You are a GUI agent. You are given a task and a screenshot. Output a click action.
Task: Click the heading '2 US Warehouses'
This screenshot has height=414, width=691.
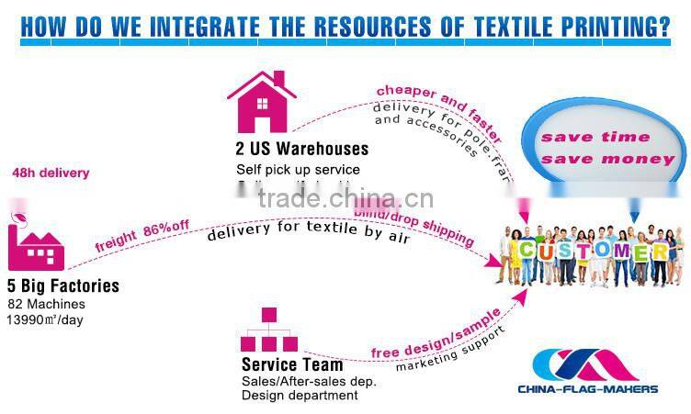pos(301,149)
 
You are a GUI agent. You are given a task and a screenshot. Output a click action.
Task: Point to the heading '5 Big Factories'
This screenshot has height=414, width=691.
pos(63,285)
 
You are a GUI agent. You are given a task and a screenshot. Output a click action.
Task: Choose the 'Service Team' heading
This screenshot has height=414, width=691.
pos(291,364)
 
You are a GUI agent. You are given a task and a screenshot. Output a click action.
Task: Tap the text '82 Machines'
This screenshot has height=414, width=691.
pos(46,303)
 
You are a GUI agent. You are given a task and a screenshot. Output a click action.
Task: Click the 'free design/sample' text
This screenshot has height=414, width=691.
pos(436,332)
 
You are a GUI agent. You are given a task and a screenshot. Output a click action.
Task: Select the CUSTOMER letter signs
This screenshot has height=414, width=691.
pos(591,251)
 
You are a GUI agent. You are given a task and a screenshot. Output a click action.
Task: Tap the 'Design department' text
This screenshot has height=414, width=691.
pos(300,396)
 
